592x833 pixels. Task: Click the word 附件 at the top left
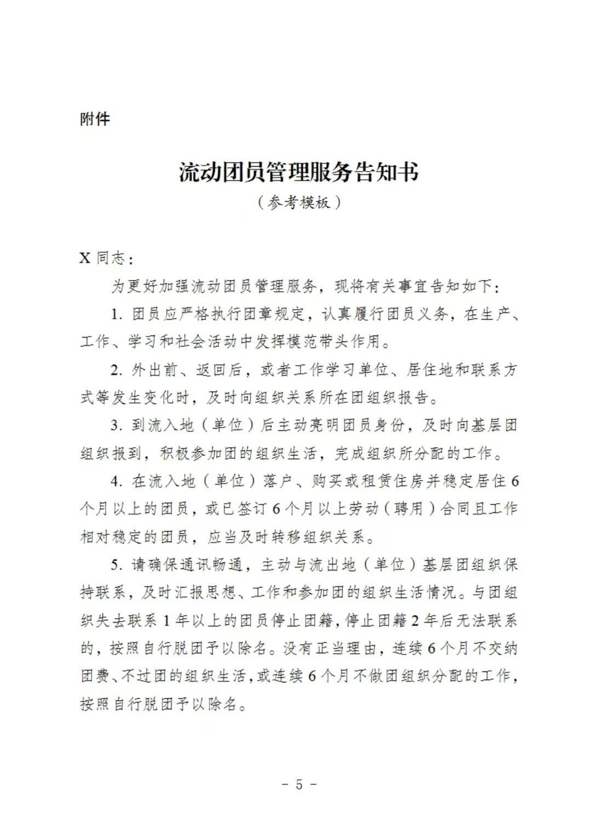point(95,119)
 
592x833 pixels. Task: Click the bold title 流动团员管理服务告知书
point(299,172)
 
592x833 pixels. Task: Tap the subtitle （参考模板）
point(299,202)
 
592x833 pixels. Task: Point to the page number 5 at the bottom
point(299,784)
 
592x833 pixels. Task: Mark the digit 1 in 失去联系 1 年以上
point(167,620)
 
